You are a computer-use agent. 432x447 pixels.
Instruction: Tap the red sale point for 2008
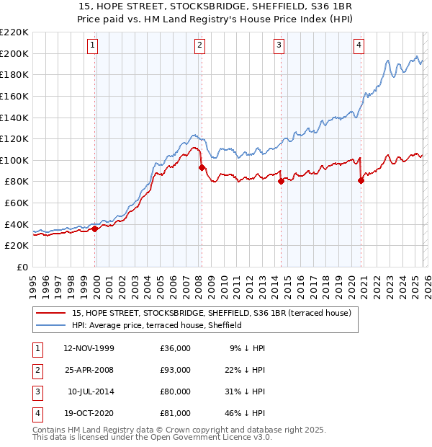point(202,167)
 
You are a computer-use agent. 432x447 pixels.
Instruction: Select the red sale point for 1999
point(95,229)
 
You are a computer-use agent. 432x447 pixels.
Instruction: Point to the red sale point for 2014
point(281,182)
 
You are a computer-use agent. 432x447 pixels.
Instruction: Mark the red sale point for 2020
point(361,180)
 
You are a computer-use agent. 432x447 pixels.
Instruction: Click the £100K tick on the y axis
point(14,160)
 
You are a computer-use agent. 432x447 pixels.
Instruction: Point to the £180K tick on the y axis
point(14,74)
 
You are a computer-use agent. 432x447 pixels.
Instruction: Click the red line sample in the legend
point(50,314)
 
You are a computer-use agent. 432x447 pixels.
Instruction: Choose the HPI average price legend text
point(156,325)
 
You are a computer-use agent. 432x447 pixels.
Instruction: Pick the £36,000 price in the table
point(175,348)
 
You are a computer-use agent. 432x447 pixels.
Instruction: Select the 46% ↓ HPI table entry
point(243,414)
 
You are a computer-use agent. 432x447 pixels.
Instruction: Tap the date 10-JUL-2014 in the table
point(91,392)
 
